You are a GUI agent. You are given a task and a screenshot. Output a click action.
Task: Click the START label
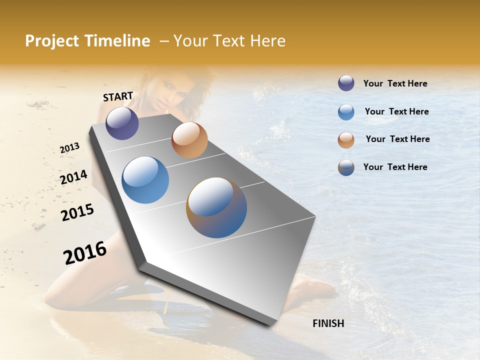[118, 96]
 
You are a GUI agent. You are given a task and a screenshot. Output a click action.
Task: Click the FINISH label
[328, 323]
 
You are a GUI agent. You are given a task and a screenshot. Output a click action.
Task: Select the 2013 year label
[69, 148]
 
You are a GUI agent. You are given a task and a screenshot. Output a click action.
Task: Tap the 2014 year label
[73, 177]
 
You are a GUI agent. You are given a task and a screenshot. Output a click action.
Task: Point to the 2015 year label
[77, 212]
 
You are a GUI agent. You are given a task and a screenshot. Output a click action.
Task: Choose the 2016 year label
[85, 253]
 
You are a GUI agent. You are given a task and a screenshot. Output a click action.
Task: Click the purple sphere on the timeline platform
[122, 123]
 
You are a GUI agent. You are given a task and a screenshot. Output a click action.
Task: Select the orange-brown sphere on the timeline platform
[189, 140]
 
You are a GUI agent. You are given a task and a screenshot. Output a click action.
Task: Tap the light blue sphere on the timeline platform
[145, 180]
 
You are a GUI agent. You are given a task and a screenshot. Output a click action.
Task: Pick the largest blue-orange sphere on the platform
[216, 207]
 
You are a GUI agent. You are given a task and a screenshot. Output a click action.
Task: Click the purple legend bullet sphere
[346, 83]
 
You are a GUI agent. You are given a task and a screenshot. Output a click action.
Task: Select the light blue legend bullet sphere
[346, 112]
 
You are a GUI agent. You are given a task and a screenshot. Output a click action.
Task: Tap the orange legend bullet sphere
[346, 140]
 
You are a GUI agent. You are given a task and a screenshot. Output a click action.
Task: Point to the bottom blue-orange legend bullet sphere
[346, 167]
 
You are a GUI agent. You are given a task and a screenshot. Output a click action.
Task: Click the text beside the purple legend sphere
[395, 84]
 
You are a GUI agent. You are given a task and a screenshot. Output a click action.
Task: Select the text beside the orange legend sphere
[397, 139]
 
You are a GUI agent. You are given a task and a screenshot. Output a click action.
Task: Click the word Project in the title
[51, 41]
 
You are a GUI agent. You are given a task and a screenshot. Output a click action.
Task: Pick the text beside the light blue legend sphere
[396, 111]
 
